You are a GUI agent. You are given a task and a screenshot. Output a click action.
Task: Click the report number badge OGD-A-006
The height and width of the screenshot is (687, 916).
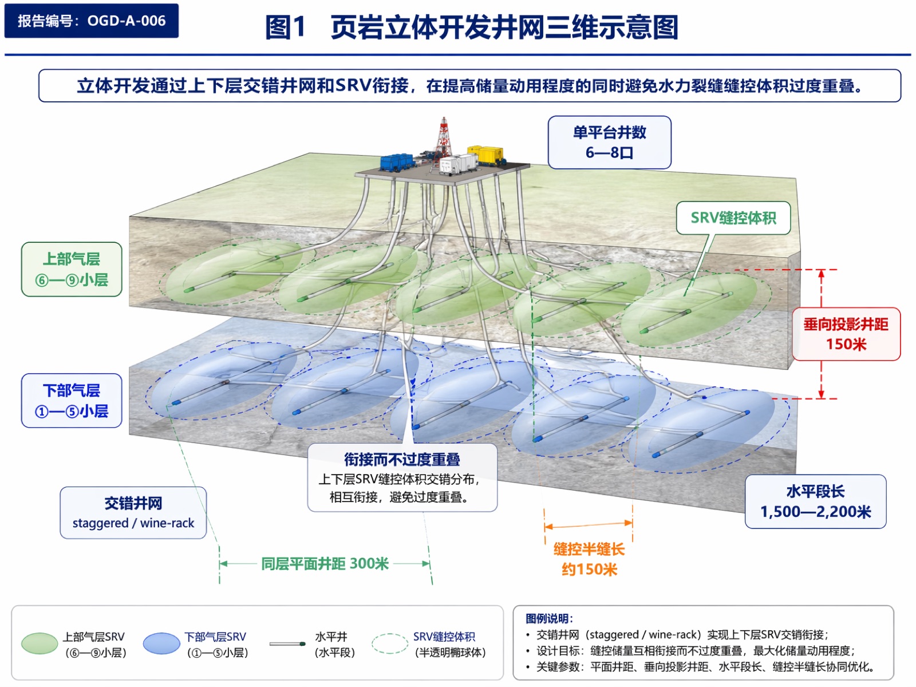coord(92,21)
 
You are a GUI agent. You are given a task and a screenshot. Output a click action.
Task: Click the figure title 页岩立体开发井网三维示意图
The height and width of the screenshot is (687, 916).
coord(504,27)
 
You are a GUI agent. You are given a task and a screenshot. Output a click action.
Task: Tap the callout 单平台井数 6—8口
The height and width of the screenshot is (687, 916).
coord(609,142)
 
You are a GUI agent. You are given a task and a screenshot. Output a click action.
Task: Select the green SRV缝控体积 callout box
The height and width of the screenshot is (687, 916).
coord(733,218)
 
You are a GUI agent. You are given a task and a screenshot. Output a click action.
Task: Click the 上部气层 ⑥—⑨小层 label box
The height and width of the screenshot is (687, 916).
coord(72,270)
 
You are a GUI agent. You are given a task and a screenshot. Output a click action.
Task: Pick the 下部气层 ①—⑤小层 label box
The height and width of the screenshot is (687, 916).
coord(72,400)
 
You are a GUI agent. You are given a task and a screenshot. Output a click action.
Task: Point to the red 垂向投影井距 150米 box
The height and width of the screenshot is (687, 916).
coord(846,334)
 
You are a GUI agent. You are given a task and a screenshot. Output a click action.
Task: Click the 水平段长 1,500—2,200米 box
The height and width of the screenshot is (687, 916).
coord(815,502)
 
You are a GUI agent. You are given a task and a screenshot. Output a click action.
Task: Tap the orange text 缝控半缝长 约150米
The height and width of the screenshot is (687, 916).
coord(589,559)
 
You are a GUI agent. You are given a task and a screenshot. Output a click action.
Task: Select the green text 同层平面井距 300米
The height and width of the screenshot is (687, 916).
coord(325,563)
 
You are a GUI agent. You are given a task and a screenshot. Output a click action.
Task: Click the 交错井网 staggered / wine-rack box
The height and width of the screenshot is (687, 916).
coord(133,512)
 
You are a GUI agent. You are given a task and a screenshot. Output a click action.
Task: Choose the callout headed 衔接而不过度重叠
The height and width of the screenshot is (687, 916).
coord(402,477)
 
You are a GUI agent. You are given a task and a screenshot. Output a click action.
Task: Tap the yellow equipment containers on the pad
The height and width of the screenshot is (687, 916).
coord(485,155)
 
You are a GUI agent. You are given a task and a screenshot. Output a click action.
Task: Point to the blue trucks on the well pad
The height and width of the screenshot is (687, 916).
coord(397,162)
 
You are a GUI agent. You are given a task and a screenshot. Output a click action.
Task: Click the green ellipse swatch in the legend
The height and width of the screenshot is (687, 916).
coord(40,643)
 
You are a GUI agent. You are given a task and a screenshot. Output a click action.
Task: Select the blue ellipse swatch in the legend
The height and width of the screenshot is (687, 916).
coord(161,643)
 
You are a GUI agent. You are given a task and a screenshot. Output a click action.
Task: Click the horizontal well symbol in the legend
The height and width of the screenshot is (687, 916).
coord(287,644)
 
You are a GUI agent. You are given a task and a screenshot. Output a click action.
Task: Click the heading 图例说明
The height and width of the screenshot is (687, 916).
coord(549,618)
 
